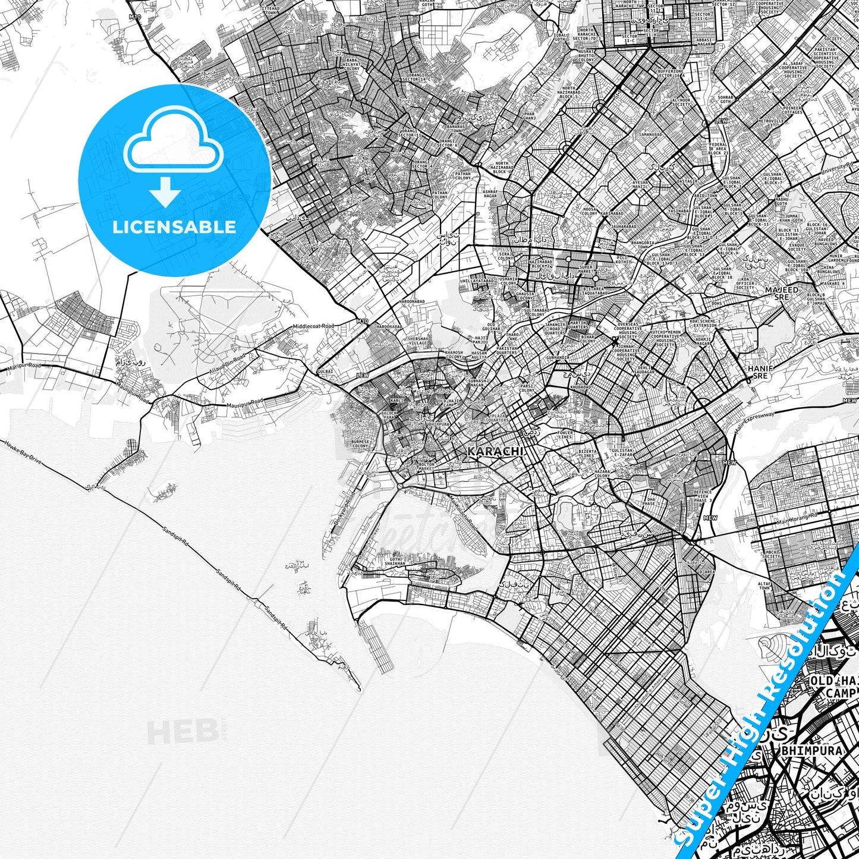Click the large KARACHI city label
coord(495,451)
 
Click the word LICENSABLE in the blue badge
coord(174,226)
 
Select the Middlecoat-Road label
coord(313,326)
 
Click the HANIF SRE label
coord(760,372)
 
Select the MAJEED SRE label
coord(782,293)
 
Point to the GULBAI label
coord(325,371)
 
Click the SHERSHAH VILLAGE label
coord(417,341)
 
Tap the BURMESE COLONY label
coord(360,443)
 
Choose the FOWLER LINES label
coord(565,435)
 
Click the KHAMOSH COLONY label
coord(454,354)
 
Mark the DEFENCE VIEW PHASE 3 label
coord(703,496)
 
